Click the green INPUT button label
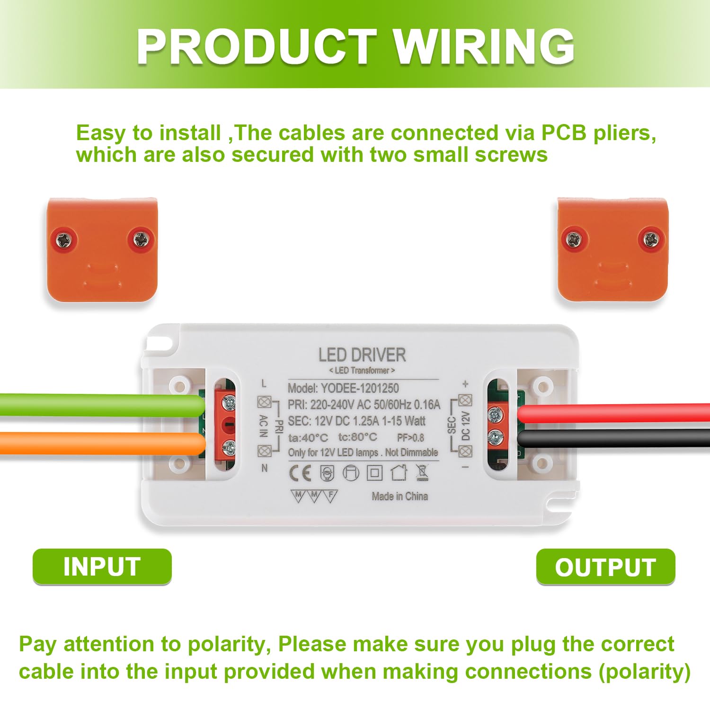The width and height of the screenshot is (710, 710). tap(102, 567)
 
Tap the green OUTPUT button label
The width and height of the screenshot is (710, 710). tap(605, 567)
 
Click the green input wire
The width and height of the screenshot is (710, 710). tap(102, 405)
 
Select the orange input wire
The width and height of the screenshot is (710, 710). tap(102, 443)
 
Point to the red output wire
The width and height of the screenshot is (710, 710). tap(613, 413)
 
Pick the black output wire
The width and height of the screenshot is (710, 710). tap(613, 438)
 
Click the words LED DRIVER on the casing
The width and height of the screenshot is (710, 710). tap(362, 355)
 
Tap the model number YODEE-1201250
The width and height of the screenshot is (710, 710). tap(360, 388)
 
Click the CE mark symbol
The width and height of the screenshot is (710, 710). tap(300, 473)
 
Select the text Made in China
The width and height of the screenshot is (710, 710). tap(400, 496)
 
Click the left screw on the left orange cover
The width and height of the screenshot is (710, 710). tap(65, 240)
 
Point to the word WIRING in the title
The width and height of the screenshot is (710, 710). tap(484, 46)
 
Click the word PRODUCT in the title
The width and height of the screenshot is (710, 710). tap(257, 46)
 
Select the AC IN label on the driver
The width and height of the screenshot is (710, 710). tap(263, 426)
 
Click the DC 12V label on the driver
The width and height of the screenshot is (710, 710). tap(466, 426)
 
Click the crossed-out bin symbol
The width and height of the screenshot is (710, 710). tap(422, 472)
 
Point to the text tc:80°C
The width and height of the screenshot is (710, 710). tap(357, 437)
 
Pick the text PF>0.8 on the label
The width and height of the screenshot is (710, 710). tap(410, 438)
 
